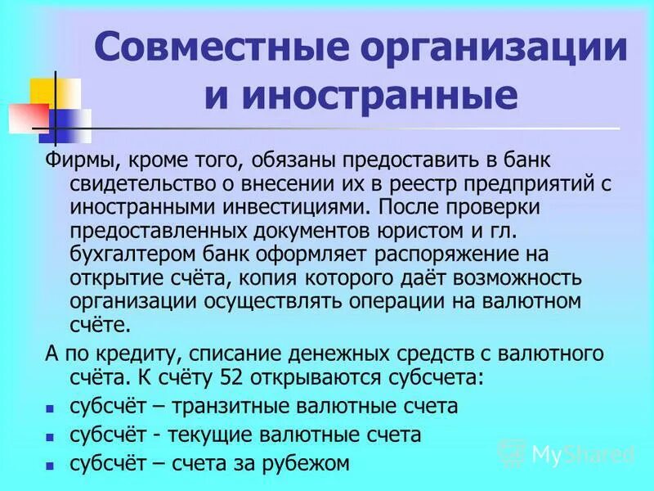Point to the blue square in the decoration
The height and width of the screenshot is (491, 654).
pyautogui.click(x=71, y=124)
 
